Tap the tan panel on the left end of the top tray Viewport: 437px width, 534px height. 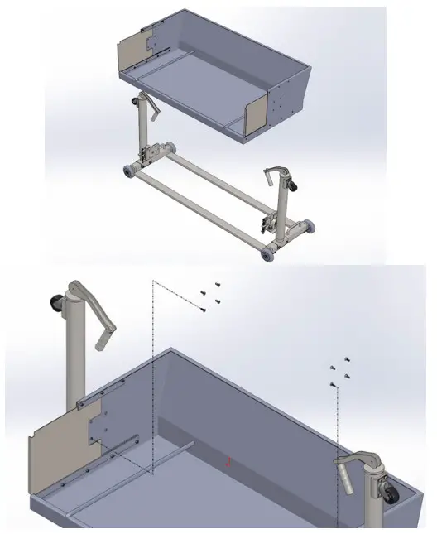coord(133,54)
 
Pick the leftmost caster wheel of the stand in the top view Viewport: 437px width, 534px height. coord(128,172)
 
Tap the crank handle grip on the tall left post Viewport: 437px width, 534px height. coord(103,335)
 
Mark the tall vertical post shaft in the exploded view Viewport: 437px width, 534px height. coord(75,356)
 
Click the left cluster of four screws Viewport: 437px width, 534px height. coord(210,296)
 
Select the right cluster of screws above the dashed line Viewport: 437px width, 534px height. coord(339,372)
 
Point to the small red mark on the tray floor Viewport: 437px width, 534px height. coord(228,463)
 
